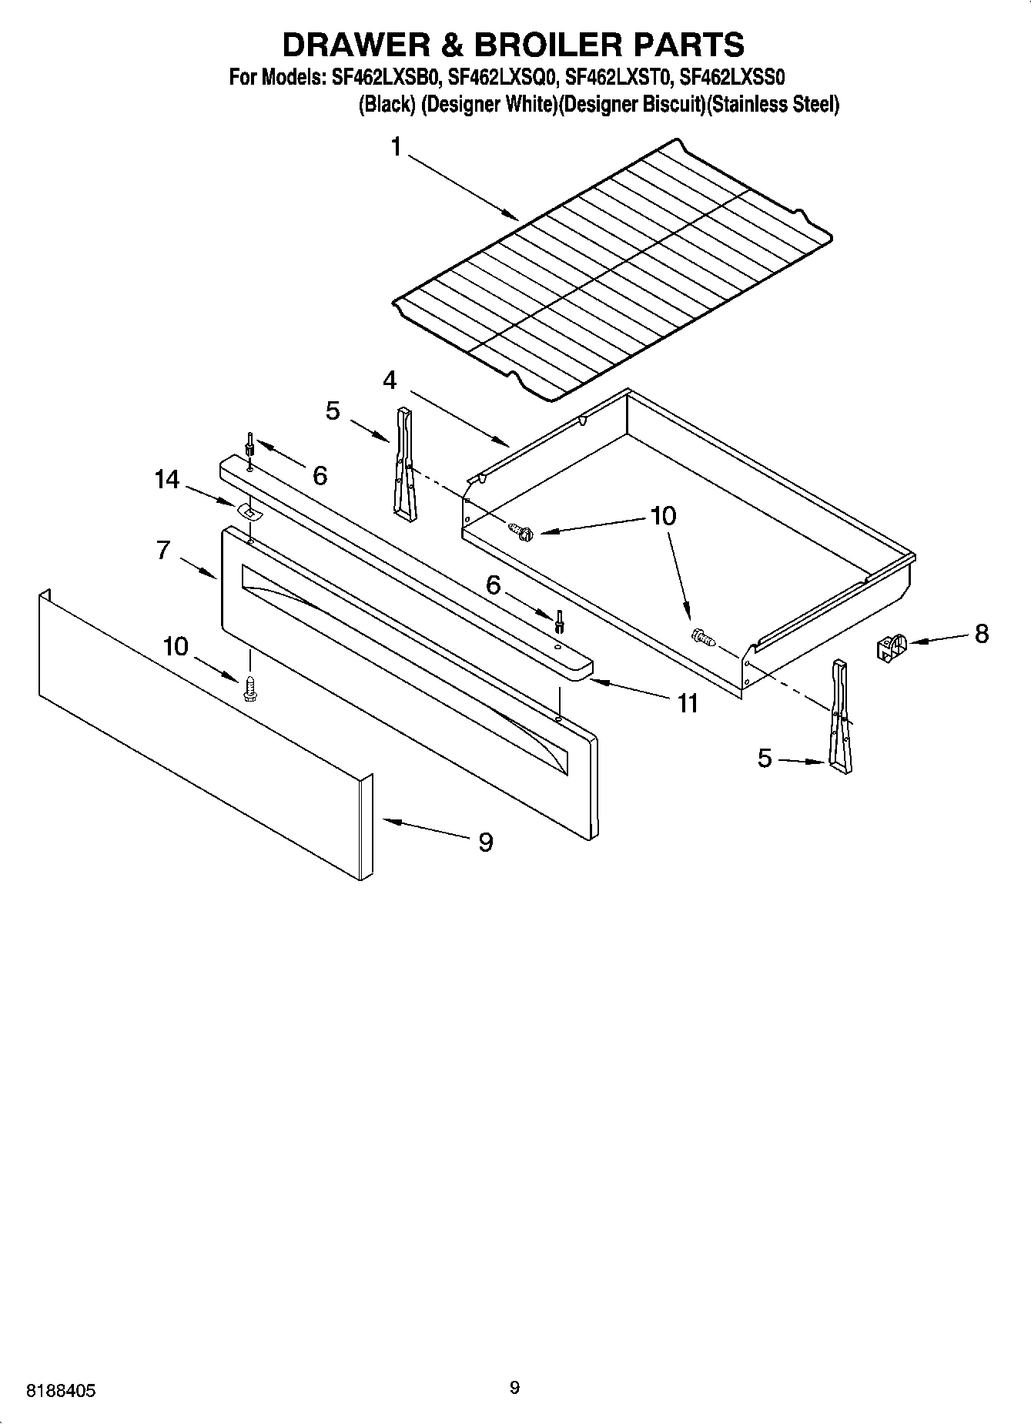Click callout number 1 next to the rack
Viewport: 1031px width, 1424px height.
396,146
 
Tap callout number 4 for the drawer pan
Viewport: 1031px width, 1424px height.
390,380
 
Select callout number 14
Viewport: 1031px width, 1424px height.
166,480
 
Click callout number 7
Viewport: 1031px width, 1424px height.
162,550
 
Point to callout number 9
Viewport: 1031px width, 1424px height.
485,843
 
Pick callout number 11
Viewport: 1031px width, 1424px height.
686,702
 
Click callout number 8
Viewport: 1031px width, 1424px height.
981,634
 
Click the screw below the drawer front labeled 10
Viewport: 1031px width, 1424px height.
249,688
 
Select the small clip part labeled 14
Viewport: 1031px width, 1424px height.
247,511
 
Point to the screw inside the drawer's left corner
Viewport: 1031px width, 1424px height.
522,530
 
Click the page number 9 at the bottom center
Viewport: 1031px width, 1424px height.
514,1388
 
